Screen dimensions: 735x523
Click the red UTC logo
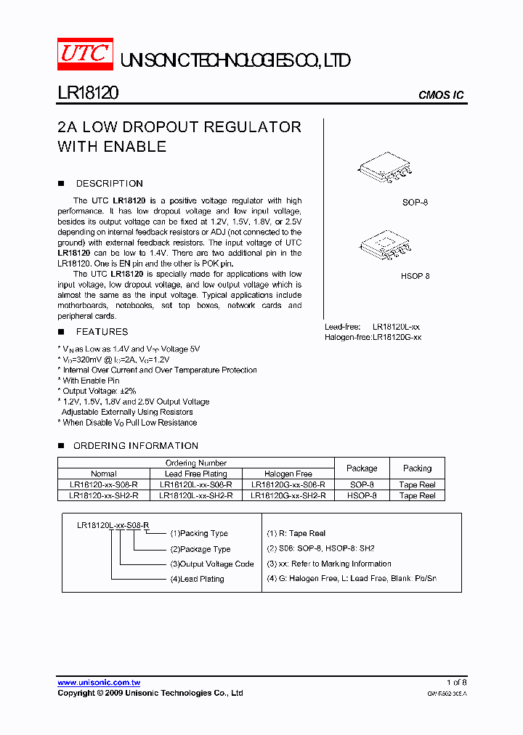[x=85, y=54]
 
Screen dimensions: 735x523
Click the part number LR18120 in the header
[x=88, y=94]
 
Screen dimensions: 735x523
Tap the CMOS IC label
[x=440, y=95]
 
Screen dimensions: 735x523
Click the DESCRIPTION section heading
[x=109, y=184]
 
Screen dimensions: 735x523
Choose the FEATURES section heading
[x=102, y=332]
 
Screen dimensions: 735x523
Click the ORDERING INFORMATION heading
[x=135, y=446]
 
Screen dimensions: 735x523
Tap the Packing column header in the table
[x=417, y=468]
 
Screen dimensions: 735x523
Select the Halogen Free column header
[x=288, y=474]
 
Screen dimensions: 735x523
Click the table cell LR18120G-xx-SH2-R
[x=288, y=495]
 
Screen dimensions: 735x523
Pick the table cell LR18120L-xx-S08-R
[x=195, y=484]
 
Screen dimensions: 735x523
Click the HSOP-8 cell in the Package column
[x=362, y=495]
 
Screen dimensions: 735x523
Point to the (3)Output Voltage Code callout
[x=212, y=564]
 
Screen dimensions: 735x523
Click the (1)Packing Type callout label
[x=199, y=534]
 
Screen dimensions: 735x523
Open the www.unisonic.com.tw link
[x=99, y=683]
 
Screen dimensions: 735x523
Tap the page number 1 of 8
[x=456, y=683]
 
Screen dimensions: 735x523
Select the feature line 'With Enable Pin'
[x=91, y=381]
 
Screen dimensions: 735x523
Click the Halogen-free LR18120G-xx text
[x=373, y=338]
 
